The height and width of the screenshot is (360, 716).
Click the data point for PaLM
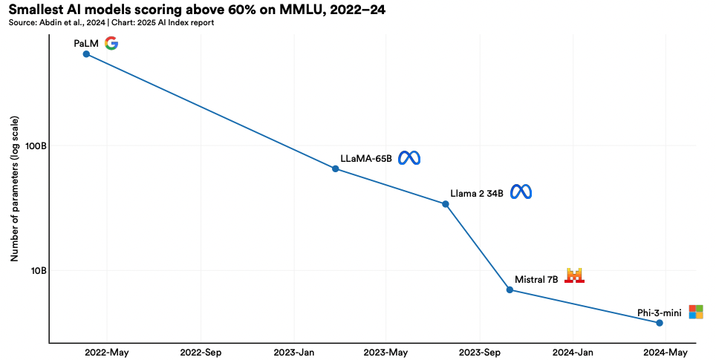point(86,53)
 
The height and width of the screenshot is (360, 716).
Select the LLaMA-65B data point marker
point(335,168)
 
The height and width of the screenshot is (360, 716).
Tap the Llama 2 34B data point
point(446,204)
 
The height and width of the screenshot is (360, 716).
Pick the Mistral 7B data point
point(510,289)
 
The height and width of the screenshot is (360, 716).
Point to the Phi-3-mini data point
point(660,323)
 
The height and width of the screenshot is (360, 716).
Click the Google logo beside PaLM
point(111,43)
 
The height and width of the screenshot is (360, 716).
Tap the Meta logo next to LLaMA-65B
point(409,158)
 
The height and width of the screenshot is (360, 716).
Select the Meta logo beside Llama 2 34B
point(521,192)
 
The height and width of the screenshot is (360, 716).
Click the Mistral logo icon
point(575,276)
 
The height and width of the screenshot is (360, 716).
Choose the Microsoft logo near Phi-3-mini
point(696,312)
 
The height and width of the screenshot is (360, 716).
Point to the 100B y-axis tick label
point(36,146)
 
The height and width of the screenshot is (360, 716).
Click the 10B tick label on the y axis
point(39,271)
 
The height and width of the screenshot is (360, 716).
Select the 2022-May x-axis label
point(107,353)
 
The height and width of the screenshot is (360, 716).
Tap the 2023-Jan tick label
point(294,353)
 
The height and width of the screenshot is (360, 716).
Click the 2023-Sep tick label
point(480,353)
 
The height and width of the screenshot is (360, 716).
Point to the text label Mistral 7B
point(536,280)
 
